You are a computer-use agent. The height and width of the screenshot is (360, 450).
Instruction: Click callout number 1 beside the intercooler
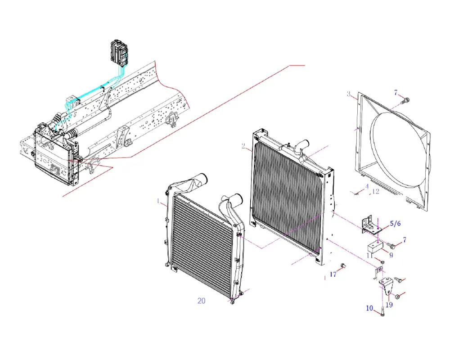tap(158, 202)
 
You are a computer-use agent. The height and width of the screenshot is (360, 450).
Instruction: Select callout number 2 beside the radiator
tap(243, 146)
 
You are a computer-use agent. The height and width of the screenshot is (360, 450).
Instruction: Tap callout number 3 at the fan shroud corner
tap(349, 94)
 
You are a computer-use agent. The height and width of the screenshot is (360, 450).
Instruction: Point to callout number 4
tap(367, 186)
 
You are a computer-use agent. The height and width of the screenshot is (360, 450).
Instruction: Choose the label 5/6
tap(395, 223)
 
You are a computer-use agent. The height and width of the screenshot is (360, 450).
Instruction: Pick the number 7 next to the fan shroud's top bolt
tap(396, 93)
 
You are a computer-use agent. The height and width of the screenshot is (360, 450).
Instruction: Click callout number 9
tap(391, 255)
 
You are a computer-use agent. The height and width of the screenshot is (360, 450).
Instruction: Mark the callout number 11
tap(369, 255)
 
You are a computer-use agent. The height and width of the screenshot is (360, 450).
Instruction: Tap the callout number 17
tap(333, 274)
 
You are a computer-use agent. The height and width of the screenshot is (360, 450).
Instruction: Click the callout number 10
tap(369, 308)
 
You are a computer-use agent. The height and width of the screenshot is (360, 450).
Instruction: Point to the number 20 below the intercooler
tap(201, 301)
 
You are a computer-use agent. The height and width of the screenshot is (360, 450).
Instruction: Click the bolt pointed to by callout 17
tap(343, 266)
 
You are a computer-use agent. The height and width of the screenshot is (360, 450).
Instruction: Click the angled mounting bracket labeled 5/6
tap(369, 225)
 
